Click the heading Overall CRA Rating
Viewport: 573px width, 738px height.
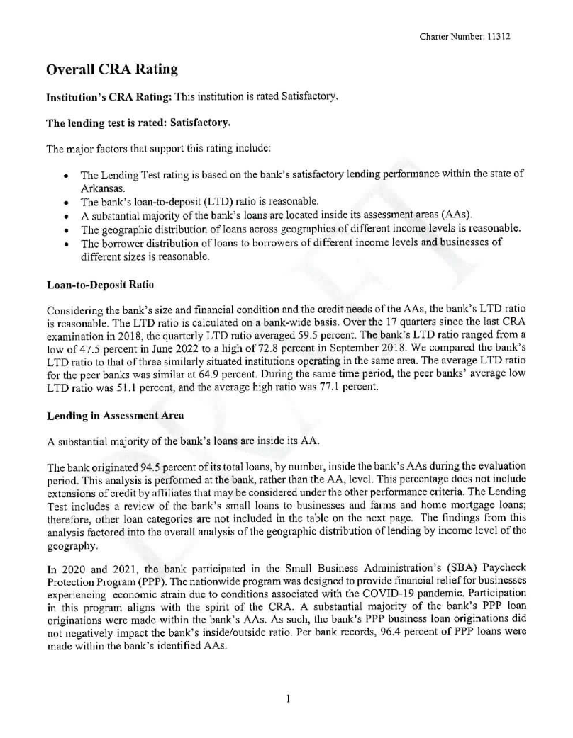click(111, 69)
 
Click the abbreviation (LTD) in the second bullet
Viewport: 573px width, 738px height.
click(207, 201)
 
